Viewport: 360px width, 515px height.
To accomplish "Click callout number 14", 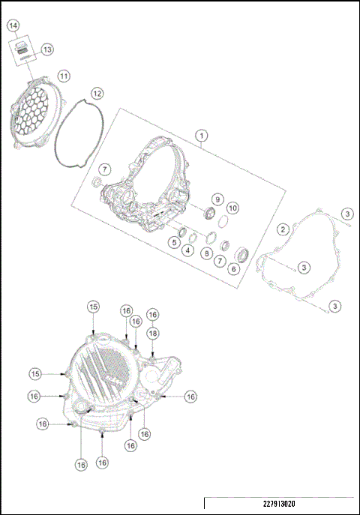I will tap(13, 25).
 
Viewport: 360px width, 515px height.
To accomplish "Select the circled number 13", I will tap(46, 49).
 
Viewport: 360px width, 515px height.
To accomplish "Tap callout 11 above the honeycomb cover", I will tap(64, 76).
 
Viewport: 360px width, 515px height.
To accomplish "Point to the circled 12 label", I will tap(97, 94).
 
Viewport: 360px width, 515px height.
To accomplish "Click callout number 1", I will tap(201, 136).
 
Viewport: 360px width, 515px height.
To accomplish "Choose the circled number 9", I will tap(216, 199).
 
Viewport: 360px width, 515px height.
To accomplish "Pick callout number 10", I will tap(232, 207).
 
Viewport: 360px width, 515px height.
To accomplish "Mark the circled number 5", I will tap(172, 242).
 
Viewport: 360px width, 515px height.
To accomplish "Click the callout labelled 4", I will tap(187, 250).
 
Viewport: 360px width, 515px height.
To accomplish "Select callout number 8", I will tap(206, 253).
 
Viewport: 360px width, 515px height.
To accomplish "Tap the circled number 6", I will tap(235, 269).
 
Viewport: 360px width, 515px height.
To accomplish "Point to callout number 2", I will tap(283, 229).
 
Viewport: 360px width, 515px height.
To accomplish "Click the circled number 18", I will tap(152, 332).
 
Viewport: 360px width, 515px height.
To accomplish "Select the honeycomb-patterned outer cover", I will tap(34, 113).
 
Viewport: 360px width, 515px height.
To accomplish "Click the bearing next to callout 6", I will tap(244, 252).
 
